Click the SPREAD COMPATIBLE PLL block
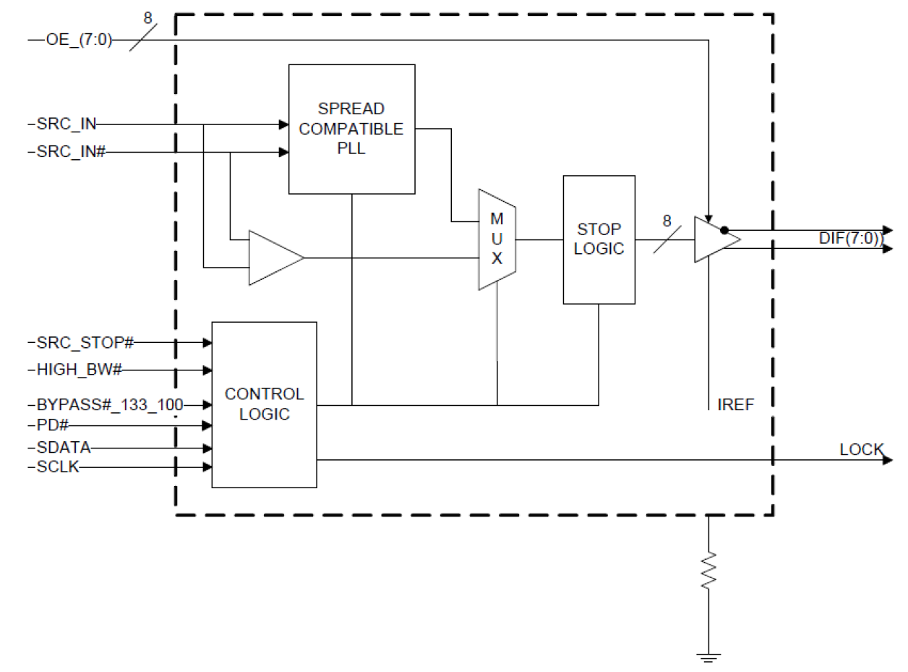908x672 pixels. pyautogui.click(x=351, y=129)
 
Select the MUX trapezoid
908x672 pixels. pyautogui.click(x=497, y=239)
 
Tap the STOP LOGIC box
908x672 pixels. pyautogui.click(x=599, y=239)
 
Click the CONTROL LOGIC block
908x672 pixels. pyautogui.click(x=264, y=404)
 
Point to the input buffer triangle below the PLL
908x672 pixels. pyautogui.click(x=273, y=258)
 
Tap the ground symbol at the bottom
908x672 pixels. pyautogui.click(x=709, y=656)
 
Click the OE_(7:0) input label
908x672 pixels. pyautogui.click(x=79, y=40)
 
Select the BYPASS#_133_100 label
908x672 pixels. pyautogui.click(x=109, y=404)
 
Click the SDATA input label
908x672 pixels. pyautogui.click(x=64, y=448)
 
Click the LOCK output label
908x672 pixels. pyautogui.click(x=861, y=450)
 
